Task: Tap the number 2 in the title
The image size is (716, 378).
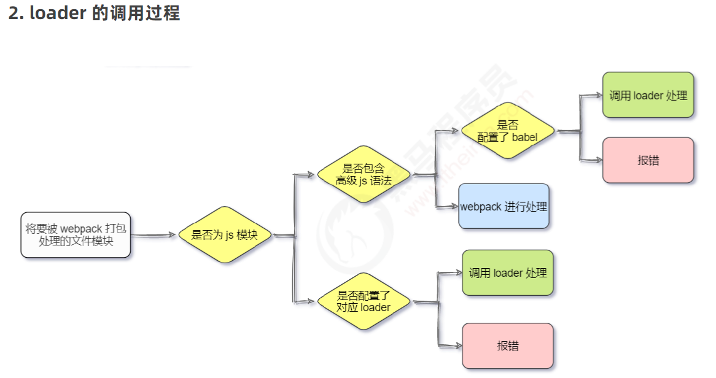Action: tap(14, 13)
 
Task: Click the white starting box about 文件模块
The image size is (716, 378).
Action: tap(76, 235)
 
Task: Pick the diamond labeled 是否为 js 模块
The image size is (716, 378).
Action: tap(225, 235)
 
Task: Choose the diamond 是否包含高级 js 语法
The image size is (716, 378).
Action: tap(364, 174)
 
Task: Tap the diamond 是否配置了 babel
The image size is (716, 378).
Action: tap(508, 131)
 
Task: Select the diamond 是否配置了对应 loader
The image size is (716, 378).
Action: tap(364, 301)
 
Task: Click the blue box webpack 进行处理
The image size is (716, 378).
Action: tap(504, 207)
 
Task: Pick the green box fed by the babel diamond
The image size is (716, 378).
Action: tap(648, 95)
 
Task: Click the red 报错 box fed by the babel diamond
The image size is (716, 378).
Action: tap(648, 160)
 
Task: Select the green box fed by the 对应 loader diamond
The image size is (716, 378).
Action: tap(507, 272)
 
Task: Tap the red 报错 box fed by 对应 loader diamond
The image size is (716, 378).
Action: tap(507, 345)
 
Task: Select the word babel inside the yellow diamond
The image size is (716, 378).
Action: tap(524, 137)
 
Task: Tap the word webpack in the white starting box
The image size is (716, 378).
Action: tap(81, 229)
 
